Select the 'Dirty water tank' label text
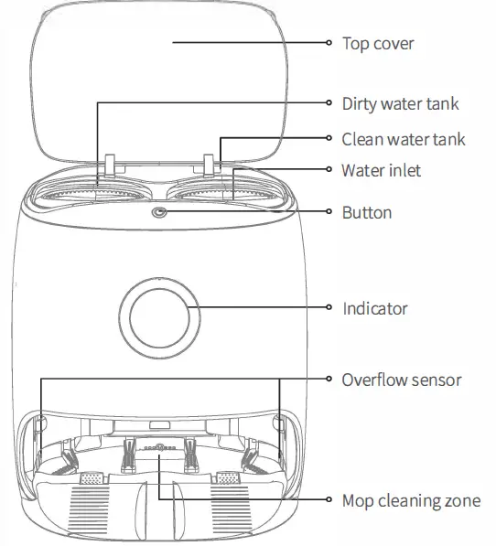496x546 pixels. (x=400, y=103)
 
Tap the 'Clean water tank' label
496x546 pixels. (x=404, y=139)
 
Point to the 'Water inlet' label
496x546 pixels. (x=381, y=171)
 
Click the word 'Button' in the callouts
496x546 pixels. (x=367, y=212)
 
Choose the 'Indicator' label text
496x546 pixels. (x=374, y=308)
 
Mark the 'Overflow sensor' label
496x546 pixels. (x=401, y=379)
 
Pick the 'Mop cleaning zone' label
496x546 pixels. (x=410, y=500)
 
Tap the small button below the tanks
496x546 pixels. (x=161, y=212)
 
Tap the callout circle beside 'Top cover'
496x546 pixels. (x=329, y=43)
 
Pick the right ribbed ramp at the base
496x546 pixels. (x=230, y=508)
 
